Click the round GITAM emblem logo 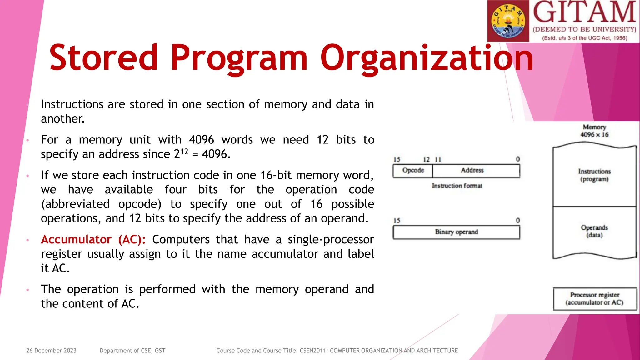point(508,21)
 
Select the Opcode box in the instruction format point(413,171)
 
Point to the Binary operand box point(456,232)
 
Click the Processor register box point(595,299)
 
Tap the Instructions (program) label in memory point(594,175)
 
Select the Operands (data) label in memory point(594,231)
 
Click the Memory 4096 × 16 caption point(594,131)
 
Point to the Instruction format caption point(457,186)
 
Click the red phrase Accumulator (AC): point(93,240)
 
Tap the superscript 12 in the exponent point(184,151)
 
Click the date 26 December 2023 point(51,351)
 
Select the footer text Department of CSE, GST point(132,351)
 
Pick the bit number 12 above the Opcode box point(426,159)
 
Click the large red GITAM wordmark point(584,12)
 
